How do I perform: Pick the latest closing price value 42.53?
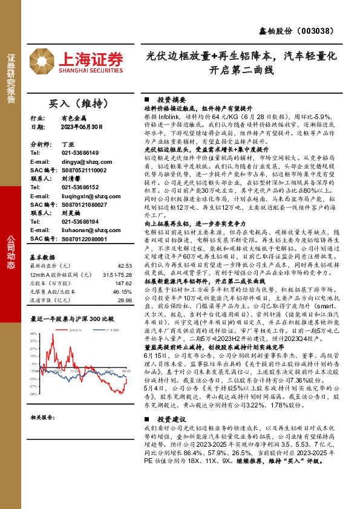click(x=125, y=248)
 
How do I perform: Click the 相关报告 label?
click(x=44, y=418)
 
